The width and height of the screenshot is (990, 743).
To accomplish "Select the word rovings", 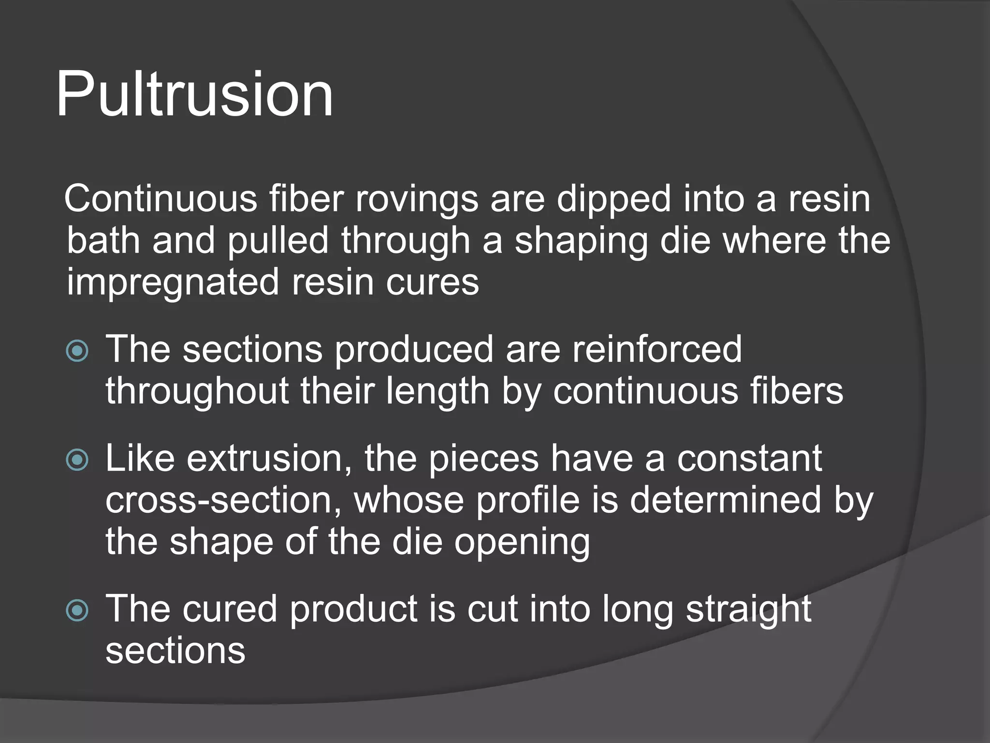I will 417,199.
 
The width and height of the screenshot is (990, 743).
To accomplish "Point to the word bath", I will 103,240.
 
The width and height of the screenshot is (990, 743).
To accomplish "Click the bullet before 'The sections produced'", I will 77,351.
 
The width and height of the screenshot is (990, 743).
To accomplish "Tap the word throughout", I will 197,391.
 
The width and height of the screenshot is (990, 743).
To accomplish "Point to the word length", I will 437,391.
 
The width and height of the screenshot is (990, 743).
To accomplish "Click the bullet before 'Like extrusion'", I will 77,460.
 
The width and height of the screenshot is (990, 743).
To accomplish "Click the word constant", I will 749,459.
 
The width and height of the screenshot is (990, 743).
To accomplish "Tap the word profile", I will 527,500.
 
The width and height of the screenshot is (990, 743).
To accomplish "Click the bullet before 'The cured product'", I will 77,610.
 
